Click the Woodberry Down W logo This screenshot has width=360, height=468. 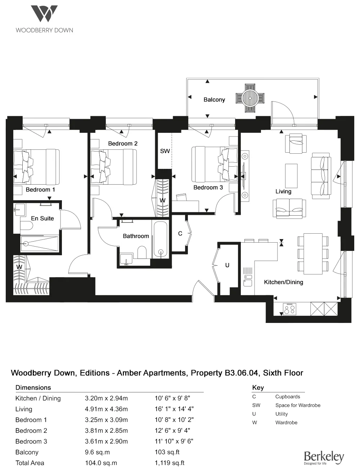44,14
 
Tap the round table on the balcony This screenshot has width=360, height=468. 250,97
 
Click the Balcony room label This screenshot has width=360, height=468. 214,100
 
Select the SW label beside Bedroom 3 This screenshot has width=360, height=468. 165,151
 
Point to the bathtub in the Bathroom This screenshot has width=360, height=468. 161,239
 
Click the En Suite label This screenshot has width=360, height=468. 42,219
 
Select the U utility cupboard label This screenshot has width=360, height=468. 227,265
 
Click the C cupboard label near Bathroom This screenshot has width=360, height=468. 180,234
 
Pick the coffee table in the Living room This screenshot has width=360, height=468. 291,176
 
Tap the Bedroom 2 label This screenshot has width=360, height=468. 123,144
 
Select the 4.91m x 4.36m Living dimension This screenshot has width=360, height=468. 106,409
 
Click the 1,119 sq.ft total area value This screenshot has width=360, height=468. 170,463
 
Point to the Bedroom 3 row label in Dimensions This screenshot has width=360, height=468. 31,441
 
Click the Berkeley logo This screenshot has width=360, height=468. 324,458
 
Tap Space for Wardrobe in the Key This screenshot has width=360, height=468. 298,405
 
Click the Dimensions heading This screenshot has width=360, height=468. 33,388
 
